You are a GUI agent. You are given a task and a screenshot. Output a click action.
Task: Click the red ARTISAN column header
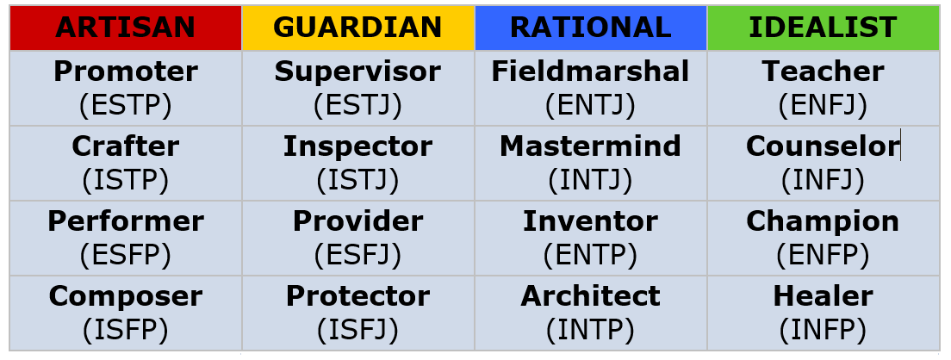[126, 28]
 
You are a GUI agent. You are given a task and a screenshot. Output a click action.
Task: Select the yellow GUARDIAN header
[357, 28]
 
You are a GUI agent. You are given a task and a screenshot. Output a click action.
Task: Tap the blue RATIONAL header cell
[591, 28]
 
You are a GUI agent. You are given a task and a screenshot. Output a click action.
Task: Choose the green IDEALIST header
[823, 28]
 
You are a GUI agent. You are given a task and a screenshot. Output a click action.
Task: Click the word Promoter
[126, 71]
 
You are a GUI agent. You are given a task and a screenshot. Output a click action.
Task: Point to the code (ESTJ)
[357, 105]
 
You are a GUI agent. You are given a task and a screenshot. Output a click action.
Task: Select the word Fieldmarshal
[590, 71]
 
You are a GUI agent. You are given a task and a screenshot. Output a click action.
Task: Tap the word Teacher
[823, 71]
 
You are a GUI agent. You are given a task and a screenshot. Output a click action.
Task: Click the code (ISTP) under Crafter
[126, 180]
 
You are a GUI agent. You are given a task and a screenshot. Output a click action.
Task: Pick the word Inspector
[357, 146]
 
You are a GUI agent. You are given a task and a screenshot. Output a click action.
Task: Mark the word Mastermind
[590, 146]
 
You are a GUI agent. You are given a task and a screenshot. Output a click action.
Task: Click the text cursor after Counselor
[901, 145]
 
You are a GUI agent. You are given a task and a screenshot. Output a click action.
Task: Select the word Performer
[126, 221]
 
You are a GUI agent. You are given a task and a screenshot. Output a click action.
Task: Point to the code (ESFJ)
[357, 255]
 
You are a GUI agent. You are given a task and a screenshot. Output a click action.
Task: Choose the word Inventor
[590, 221]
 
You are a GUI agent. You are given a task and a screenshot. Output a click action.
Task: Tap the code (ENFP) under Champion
[823, 255]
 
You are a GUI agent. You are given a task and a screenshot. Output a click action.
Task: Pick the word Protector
[357, 296]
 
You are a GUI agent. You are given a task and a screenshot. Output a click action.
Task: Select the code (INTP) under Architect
[590, 331]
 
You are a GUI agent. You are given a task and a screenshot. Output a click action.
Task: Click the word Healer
[823, 296]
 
